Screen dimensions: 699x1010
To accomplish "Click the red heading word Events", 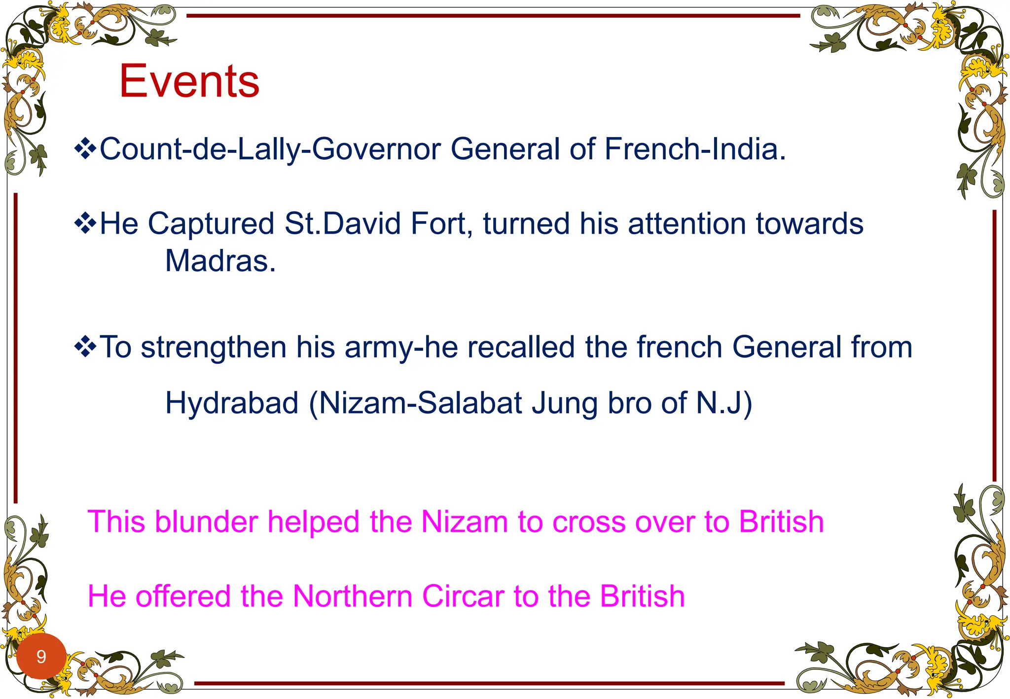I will tap(189, 81).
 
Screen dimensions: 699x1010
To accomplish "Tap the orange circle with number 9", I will tap(41, 656).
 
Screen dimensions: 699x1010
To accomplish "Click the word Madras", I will tap(220, 261).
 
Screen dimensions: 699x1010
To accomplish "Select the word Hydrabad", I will tap(232, 403).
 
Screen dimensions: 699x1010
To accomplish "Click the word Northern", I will tap(353, 596).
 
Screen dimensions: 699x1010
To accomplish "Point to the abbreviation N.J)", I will tap(724, 403).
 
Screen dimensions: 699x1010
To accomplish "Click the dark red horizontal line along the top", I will tap(493, 16).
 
